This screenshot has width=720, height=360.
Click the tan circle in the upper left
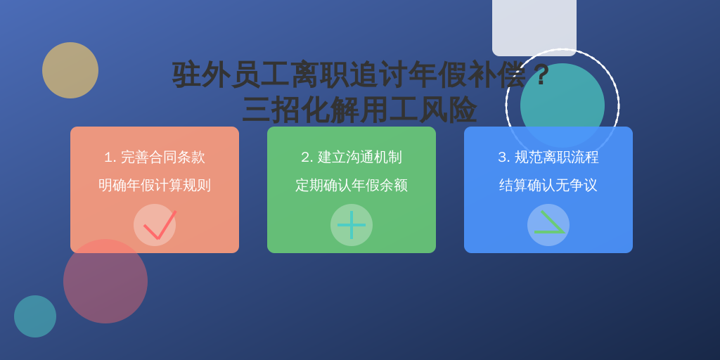70,70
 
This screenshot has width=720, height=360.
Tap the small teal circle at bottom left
35,316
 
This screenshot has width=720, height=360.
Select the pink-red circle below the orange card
105,281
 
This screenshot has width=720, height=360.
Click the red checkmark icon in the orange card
159,226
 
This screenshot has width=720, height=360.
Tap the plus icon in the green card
352,225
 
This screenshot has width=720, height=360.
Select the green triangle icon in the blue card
548,223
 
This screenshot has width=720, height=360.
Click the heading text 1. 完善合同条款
155,157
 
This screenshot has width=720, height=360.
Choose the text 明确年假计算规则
155,185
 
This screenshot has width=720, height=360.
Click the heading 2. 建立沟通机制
352,157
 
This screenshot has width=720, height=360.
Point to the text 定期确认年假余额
352,185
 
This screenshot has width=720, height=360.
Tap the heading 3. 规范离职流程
548,157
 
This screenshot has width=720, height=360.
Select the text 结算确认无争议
548,185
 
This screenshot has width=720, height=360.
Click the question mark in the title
541,75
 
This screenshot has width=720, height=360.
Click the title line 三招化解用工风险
359,110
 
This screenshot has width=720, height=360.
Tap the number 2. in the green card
307,157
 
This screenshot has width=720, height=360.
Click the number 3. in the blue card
503,157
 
